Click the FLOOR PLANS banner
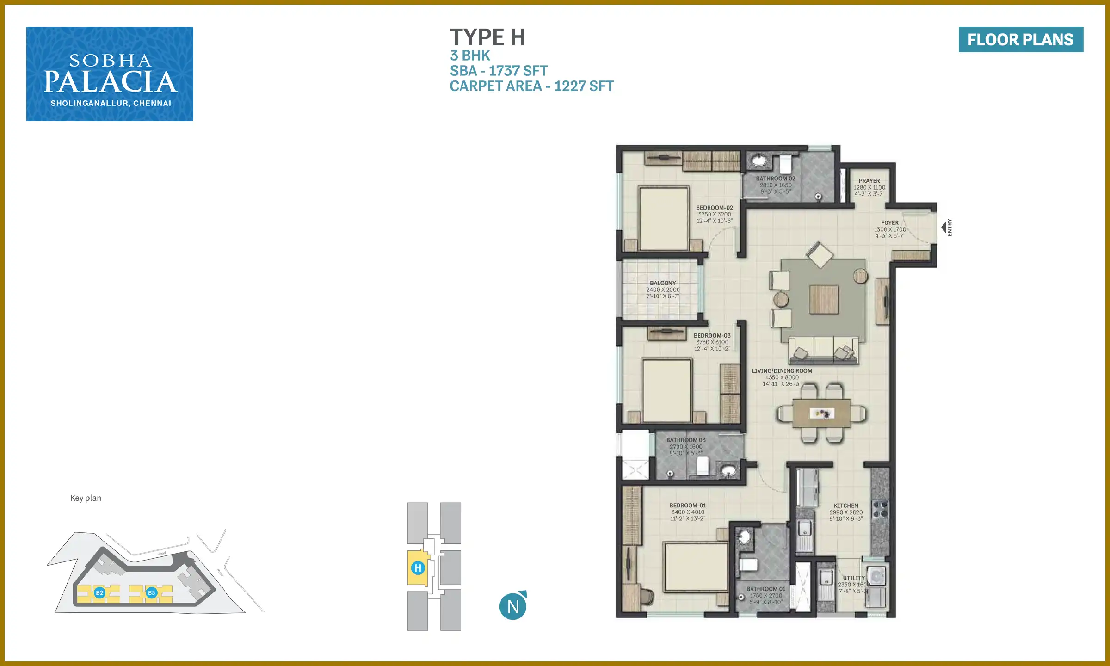(1020, 39)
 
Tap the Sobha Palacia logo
(110, 74)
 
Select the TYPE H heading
(487, 37)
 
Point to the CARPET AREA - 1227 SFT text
(531, 86)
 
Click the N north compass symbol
(513, 606)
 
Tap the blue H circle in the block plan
(418, 568)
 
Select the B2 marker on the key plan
(99, 592)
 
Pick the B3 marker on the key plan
(151, 592)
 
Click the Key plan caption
(86, 498)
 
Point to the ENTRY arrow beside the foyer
(944, 228)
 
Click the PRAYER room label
(869, 181)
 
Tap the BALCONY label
(662, 283)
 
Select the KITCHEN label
(845, 506)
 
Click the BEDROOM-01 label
(687, 506)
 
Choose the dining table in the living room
(821, 413)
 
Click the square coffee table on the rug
(823, 300)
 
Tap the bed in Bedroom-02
(663, 218)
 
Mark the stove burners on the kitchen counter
(880, 509)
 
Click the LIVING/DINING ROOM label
(782, 371)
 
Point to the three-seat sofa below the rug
(823, 350)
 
